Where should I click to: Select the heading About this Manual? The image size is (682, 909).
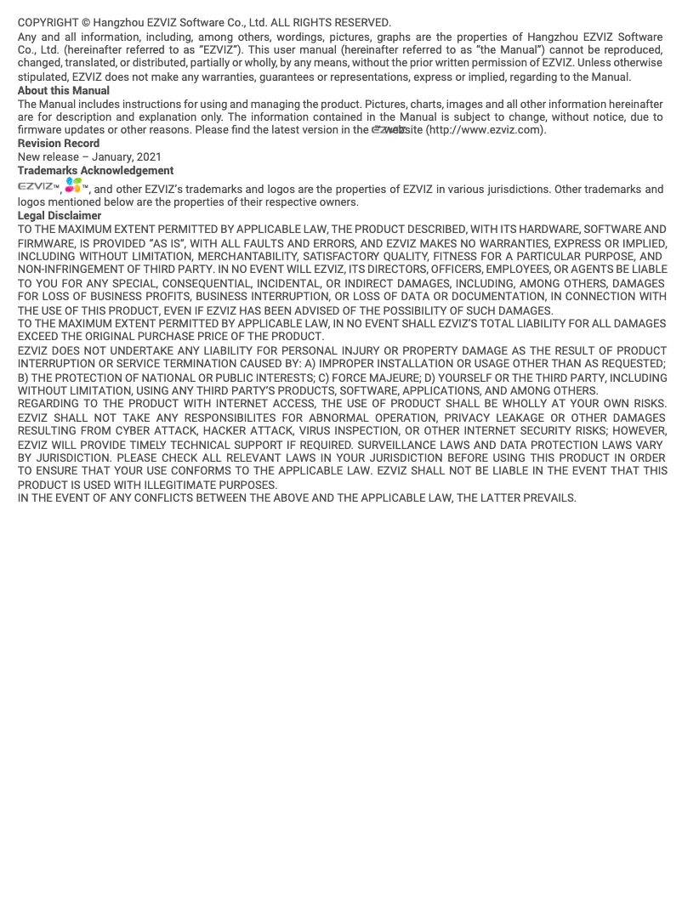tap(64, 90)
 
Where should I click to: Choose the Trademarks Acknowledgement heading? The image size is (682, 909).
tap(95, 170)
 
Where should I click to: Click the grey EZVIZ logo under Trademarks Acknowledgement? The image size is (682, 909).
tap(37, 186)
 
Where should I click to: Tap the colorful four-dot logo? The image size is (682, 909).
tap(73, 185)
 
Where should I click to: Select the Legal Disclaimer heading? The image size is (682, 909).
tap(60, 215)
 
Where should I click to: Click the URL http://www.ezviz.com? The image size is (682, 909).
tap(484, 130)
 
